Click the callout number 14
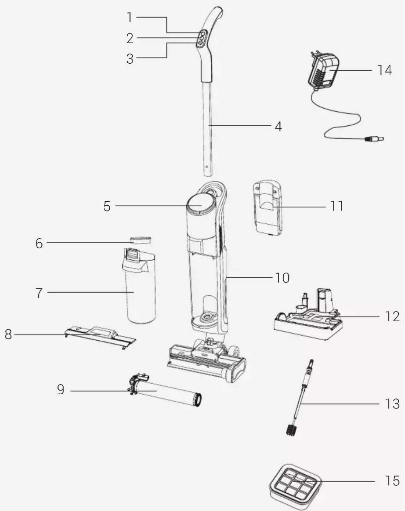point(385,70)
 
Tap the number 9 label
point(61,389)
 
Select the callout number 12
point(392,316)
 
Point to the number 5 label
point(107,206)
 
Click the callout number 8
point(8,334)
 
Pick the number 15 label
point(393,481)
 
